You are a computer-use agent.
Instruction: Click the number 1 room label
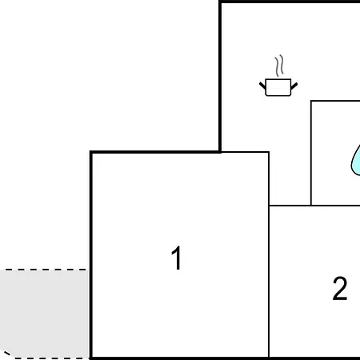(x=177, y=258)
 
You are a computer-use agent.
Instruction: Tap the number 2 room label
(x=340, y=289)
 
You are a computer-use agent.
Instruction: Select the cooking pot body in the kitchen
(x=278, y=87)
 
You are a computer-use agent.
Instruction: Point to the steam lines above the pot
(x=279, y=66)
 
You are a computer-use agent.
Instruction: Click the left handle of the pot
(x=262, y=86)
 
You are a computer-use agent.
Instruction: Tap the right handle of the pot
(x=294, y=86)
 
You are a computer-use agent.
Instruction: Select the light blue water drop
(x=356, y=161)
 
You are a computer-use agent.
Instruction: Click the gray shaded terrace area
(x=44, y=314)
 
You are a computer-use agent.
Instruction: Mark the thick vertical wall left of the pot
(x=220, y=77)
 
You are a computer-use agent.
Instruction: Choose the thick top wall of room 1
(x=155, y=152)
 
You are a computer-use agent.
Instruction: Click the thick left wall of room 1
(x=91, y=255)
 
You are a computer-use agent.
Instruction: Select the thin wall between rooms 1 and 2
(x=269, y=254)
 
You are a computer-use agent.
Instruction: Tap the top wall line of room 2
(x=314, y=206)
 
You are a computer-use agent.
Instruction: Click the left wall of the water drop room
(x=311, y=153)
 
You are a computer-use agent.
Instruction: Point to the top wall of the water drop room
(x=335, y=101)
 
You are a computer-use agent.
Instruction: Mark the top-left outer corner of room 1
(x=90, y=151)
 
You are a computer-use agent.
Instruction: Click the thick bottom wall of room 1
(x=179, y=358)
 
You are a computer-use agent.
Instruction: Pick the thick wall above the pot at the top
(x=289, y=2)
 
